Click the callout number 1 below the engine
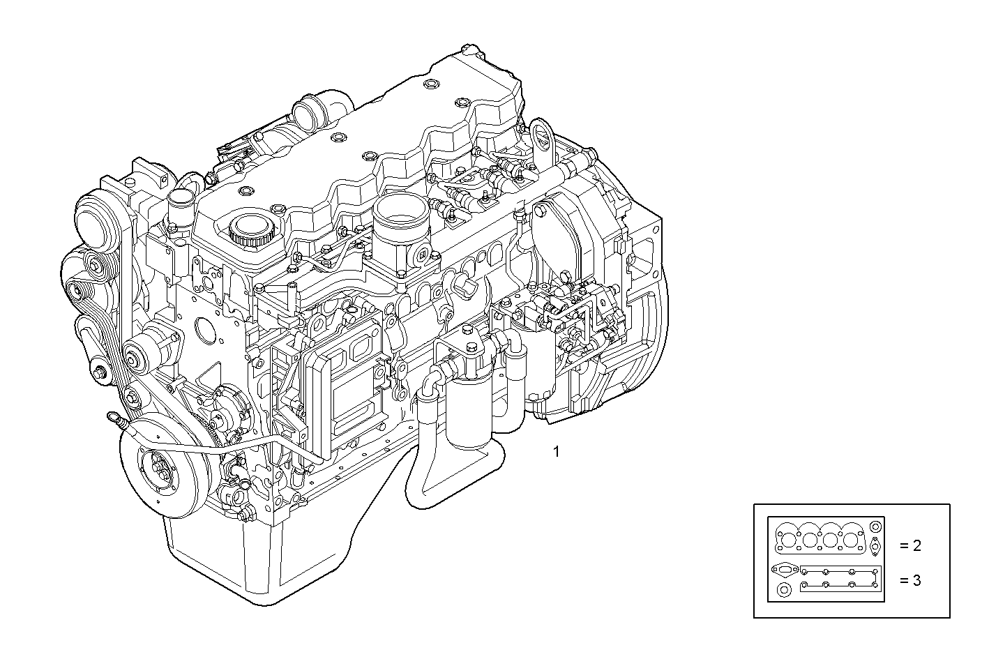[556, 452]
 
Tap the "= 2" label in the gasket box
[909, 545]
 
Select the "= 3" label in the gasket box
[909, 580]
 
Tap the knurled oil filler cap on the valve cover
[250, 229]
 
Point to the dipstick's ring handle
[112, 418]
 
